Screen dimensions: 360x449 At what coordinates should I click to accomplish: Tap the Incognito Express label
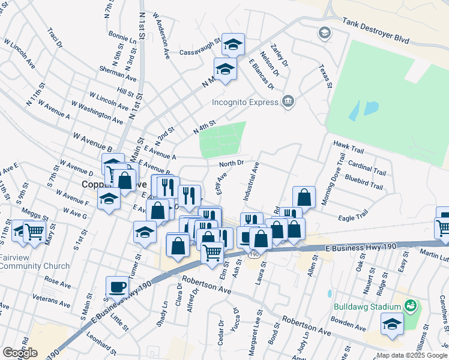click(x=245, y=102)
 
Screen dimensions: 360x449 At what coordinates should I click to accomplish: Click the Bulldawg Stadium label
click(x=368, y=307)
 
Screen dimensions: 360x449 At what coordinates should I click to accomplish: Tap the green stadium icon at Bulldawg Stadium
click(x=411, y=307)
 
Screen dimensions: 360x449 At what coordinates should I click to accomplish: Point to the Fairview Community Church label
click(x=35, y=262)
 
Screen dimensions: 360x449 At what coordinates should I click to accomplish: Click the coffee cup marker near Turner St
click(x=117, y=286)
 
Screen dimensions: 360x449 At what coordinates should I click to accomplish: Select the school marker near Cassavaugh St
click(x=234, y=44)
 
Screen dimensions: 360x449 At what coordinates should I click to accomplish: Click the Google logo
click(x=19, y=353)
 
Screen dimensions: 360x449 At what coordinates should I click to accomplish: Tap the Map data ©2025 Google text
click(x=411, y=355)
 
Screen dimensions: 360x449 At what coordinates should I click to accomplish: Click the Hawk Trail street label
click(x=349, y=144)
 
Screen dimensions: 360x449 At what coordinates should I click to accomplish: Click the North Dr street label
click(x=231, y=163)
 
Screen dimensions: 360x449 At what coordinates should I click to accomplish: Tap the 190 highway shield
click(x=255, y=255)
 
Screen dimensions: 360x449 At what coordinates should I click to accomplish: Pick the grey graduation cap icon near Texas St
click(x=325, y=32)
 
